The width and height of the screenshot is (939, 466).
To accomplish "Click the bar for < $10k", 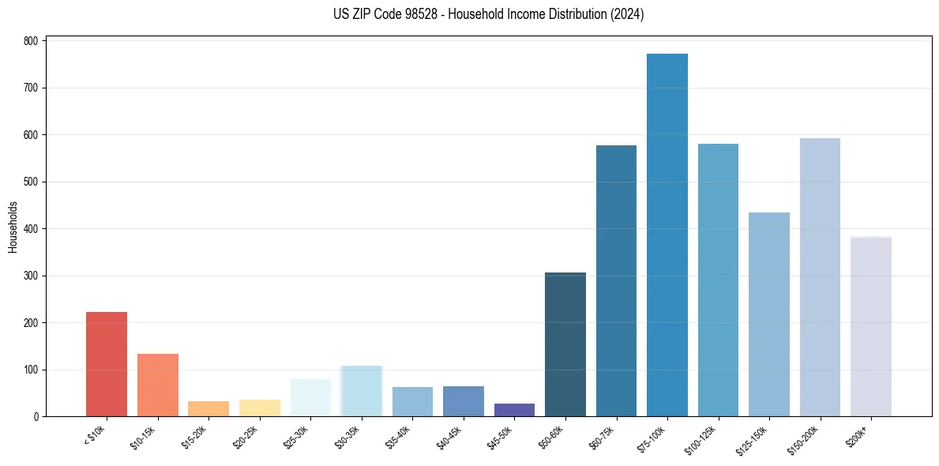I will (x=107, y=364).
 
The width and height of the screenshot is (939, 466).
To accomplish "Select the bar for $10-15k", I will (x=157, y=385).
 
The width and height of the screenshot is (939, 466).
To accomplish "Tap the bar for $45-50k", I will (x=514, y=410).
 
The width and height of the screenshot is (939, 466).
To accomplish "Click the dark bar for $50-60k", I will (x=565, y=344).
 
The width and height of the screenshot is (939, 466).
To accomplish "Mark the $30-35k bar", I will (x=362, y=391).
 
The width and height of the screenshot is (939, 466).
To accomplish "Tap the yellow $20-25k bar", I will (x=260, y=408).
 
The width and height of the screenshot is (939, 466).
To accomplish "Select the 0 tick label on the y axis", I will (x=36, y=416).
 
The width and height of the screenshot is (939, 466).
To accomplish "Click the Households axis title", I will (x=13, y=227).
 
